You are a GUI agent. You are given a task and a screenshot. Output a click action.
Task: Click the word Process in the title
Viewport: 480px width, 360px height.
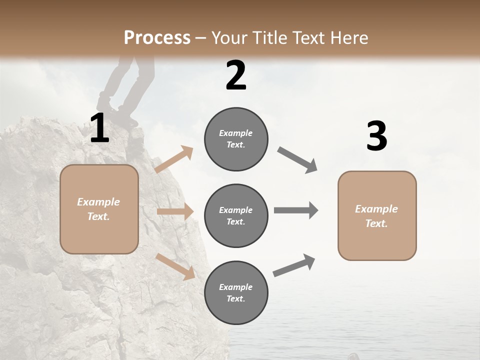(157, 37)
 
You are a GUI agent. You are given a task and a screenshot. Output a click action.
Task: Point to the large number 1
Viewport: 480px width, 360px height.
(100, 128)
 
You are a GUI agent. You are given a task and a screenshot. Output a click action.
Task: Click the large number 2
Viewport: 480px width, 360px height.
(236, 75)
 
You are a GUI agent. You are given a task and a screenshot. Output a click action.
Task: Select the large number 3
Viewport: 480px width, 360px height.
(376, 136)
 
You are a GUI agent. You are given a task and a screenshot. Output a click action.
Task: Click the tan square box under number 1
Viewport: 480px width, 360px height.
(99, 209)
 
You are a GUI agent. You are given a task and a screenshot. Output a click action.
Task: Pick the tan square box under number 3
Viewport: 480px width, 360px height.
(377, 215)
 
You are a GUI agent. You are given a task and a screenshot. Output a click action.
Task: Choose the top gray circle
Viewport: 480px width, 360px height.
(236, 139)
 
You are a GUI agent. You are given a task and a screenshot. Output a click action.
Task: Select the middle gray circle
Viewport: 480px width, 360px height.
(236, 215)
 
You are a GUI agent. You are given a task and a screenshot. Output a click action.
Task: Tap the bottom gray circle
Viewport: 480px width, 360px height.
(236, 292)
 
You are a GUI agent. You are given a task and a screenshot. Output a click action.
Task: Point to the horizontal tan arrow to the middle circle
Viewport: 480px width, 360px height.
(175, 211)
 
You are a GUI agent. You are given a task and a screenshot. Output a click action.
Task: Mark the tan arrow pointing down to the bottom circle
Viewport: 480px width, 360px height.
(175, 266)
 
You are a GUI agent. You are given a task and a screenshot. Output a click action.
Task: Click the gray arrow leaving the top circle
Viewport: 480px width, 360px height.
(297, 160)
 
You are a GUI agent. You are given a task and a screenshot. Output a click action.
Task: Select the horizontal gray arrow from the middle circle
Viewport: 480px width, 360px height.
(296, 210)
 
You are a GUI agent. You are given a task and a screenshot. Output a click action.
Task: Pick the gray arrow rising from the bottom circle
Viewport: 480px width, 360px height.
(294, 265)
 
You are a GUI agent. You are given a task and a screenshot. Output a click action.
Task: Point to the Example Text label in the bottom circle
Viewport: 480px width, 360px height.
(236, 292)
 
